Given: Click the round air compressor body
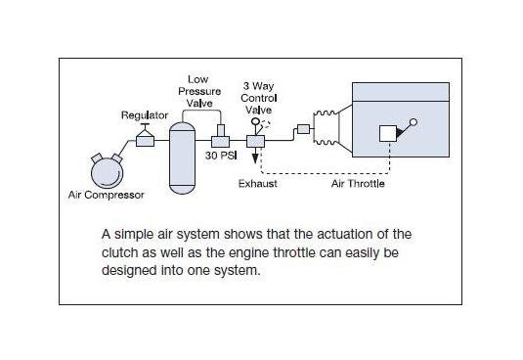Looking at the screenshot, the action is [x=108, y=173].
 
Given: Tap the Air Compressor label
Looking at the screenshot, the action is [x=107, y=195].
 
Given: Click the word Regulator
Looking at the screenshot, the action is [x=145, y=115].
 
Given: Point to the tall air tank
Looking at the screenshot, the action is [x=182, y=158].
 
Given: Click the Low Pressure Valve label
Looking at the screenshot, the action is [x=199, y=91].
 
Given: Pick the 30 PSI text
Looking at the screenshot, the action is [x=221, y=156].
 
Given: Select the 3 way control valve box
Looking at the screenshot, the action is [x=255, y=142].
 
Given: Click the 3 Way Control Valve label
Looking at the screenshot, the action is [x=259, y=98].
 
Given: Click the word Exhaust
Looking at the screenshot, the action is [x=258, y=184].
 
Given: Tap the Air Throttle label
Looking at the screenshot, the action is [x=358, y=184].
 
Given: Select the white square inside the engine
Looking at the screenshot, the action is [x=388, y=133].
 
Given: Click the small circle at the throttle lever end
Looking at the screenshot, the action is [x=414, y=122].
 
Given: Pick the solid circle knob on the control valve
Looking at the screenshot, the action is [x=255, y=120].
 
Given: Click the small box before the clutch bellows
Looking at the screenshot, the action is [x=303, y=129].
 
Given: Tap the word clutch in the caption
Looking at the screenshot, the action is [x=119, y=252].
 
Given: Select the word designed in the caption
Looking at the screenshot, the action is [x=129, y=270].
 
